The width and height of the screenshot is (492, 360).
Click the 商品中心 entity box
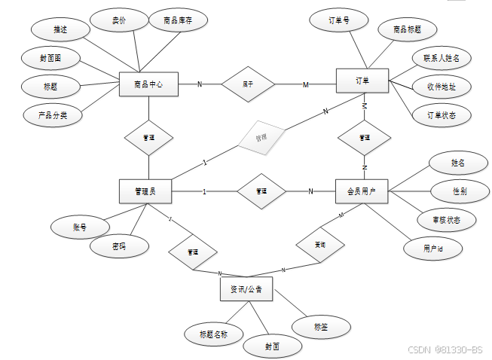[148, 84]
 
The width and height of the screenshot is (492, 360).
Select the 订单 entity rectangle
[362, 81]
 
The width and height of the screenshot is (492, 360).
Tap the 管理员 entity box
[145, 191]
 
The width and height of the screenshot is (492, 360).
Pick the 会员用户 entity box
[361, 191]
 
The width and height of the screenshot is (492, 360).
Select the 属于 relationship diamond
[247, 84]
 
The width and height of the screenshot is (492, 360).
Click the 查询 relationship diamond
[320, 244]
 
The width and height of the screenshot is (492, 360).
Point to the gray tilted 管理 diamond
[261, 139]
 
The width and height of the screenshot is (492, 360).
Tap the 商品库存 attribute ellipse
[177, 22]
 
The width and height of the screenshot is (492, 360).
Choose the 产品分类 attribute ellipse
[52, 116]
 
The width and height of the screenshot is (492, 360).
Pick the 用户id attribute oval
[432, 247]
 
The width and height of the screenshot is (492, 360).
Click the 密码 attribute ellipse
[118, 246]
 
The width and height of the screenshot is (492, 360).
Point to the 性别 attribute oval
[459, 191]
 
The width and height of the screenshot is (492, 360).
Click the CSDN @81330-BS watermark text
[445, 349]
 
